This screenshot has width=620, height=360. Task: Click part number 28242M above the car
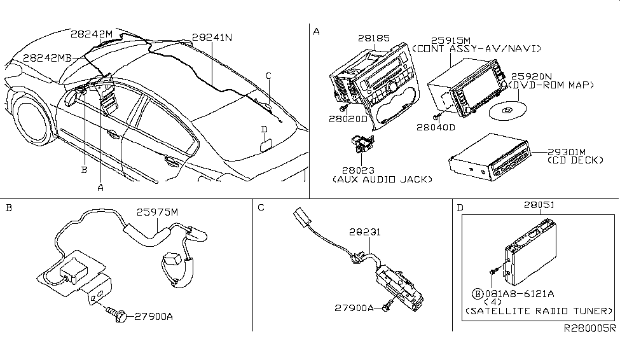(x=92, y=34)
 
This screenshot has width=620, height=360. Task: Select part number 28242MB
(x=48, y=57)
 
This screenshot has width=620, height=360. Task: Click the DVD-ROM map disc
(x=507, y=111)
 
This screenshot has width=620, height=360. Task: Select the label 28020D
(x=349, y=118)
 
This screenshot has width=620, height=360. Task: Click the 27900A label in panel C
(x=356, y=308)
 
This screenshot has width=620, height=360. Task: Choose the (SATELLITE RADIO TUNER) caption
(x=539, y=312)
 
